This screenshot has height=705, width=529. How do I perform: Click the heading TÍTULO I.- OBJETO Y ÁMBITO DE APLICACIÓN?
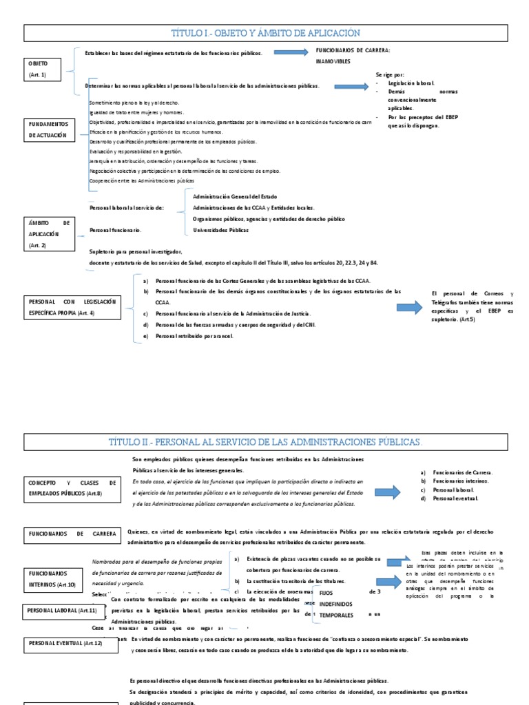[264, 33]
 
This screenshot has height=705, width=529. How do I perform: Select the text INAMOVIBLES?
[333, 61]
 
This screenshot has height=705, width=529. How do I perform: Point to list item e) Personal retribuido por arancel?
[195, 335]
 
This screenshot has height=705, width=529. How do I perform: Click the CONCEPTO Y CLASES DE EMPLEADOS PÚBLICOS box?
[72, 488]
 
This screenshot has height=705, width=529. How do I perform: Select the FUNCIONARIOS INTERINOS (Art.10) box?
[52, 578]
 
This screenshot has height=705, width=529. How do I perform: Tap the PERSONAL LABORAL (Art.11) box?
[62, 610]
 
